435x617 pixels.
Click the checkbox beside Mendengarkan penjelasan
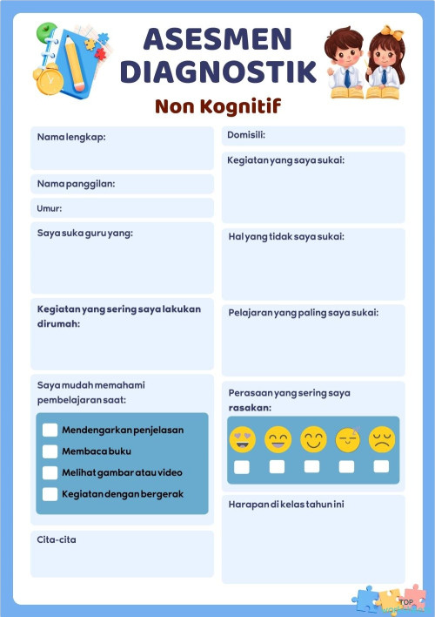coord(50,430)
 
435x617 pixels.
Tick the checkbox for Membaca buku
coord(50,451)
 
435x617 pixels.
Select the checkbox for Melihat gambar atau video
coord(50,472)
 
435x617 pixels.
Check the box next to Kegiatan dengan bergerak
coord(50,494)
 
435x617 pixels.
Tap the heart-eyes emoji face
coord(242,439)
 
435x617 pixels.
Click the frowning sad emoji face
coord(381,439)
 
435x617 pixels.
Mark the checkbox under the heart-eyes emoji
coord(242,467)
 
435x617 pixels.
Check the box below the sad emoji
coord(381,467)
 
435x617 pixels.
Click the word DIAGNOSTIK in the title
coord(218,71)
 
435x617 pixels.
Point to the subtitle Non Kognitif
coord(218,106)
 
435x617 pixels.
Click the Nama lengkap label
coord(71,137)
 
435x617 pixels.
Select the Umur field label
coord(50,208)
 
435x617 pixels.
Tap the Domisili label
coord(246,135)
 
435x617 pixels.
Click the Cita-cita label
coord(57,540)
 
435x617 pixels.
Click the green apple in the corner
coord(43,33)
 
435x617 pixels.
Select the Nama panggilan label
coord(77,184)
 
